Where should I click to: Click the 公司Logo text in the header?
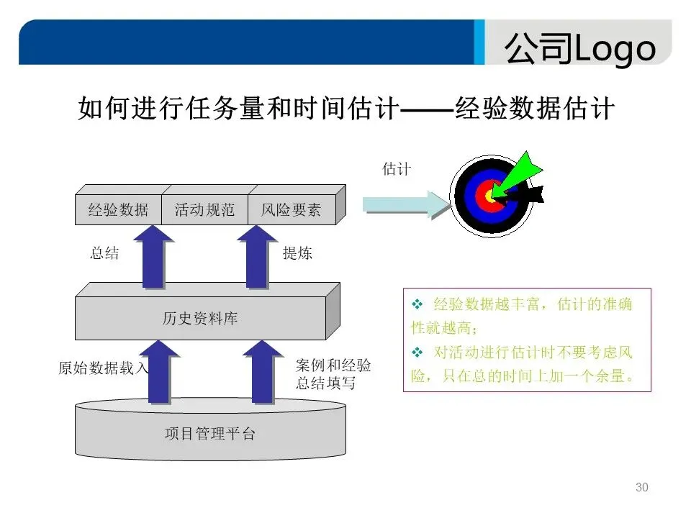(x=579, y=49)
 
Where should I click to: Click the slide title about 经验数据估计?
(x=345, y=109)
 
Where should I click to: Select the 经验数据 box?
(x=118, y=210)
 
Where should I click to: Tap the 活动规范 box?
(x=204, y=210)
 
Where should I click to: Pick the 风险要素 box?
(x=291, y=210)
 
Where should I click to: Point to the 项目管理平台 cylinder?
(x=209, y=434)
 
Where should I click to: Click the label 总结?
(x=104, y=253)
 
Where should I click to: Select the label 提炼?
(x=297, y=253)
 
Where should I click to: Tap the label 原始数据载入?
(x=103, y=368)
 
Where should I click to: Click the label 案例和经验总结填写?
(x=333, y=374)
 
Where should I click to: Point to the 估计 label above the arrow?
(x=396, y=169)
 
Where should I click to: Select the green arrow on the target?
(x=522, y=173)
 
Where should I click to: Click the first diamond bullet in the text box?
(x=416, y=305)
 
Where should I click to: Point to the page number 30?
(x=642, y=488)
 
